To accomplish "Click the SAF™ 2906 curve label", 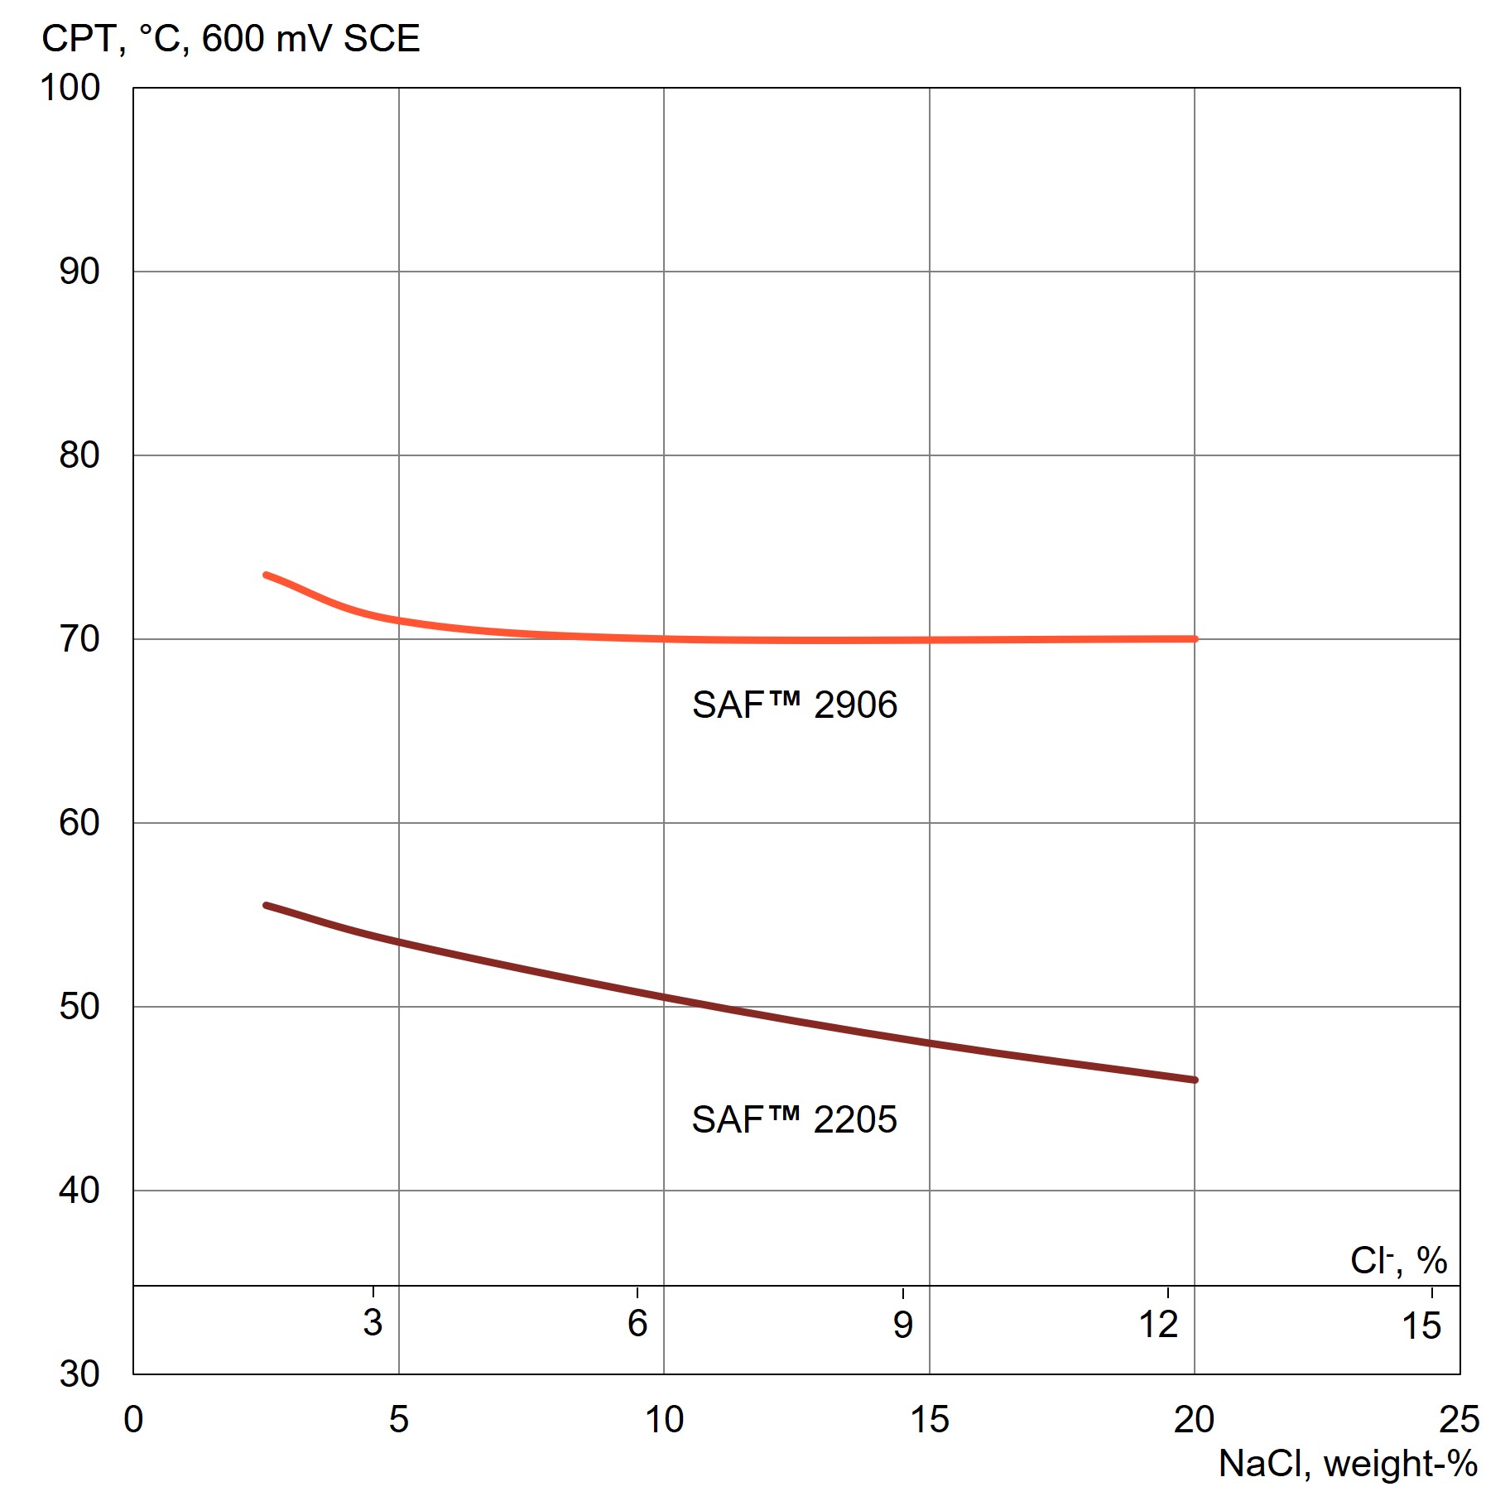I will tap(794, 705).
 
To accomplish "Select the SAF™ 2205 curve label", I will tap(794, 1120).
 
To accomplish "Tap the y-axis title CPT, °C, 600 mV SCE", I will tap(231, 39).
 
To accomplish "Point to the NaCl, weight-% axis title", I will tap(1348, 1463).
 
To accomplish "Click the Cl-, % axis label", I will tap(1398, 1261).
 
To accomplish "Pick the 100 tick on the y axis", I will tap(70, 88).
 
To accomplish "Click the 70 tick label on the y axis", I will tap(79, 639).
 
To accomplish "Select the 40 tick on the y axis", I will tap(79, 1191).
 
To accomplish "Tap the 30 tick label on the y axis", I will tap(79, 1374).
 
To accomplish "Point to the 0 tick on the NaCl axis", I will tap(133, 1419).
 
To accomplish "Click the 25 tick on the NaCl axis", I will tap(1459, 1419).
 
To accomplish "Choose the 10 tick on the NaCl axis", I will tap(664, 1419).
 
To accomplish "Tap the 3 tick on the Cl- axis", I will tap(373, 1323).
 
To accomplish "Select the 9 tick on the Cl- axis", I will tap(902, 1325).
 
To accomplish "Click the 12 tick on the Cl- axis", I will tap(1158, 1325).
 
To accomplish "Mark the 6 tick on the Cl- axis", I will tap(637, 1323).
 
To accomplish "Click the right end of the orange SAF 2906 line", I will tap(1195, 639).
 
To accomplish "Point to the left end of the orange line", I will tap(266, 575).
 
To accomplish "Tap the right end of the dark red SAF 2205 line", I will tap(1195, 1080).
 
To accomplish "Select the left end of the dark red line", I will tap(266, 906).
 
